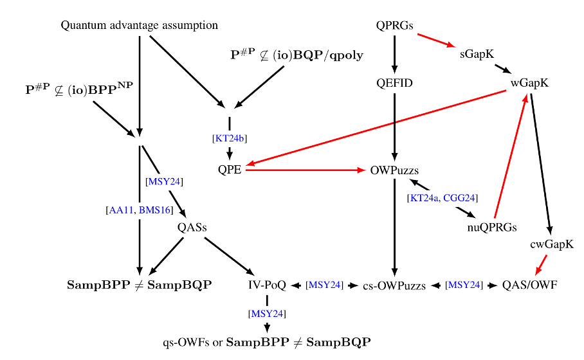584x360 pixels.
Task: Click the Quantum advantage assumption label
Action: click(x=140, y=25)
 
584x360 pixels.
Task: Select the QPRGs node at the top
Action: click(x=394, y=25)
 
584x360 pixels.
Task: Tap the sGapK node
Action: click(x=477, y=55)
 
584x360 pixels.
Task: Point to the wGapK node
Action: click(x=529, y=83)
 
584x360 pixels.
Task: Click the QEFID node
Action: click(x=394, y=83)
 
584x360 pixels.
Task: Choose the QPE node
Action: click(x=230, y=170)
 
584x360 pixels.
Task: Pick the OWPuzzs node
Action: click(x=394, y=170)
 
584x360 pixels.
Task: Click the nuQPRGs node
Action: click(x=492, y=227)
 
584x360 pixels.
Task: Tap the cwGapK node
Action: click(x=552, y=244)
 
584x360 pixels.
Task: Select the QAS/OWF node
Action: click(x=529, y=285)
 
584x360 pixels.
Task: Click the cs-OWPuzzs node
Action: click(x=394, y=285)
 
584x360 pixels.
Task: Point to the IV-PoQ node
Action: click(x=267, y=285)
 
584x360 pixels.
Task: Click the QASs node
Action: click(x=192, y=227)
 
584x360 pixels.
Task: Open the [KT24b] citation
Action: click(x=230, y=138)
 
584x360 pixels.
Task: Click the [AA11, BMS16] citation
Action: click(x=140, y=210)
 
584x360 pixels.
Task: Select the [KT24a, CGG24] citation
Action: click(x=443, y=198)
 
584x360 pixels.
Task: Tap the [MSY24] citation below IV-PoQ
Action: click(x=267, y=314)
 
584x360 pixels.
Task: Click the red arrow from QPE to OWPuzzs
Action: click(x=306, y=170)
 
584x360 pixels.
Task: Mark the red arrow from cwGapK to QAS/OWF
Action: click(x=541, y=265)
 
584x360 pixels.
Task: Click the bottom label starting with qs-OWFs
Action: click(x=267, y=342)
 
